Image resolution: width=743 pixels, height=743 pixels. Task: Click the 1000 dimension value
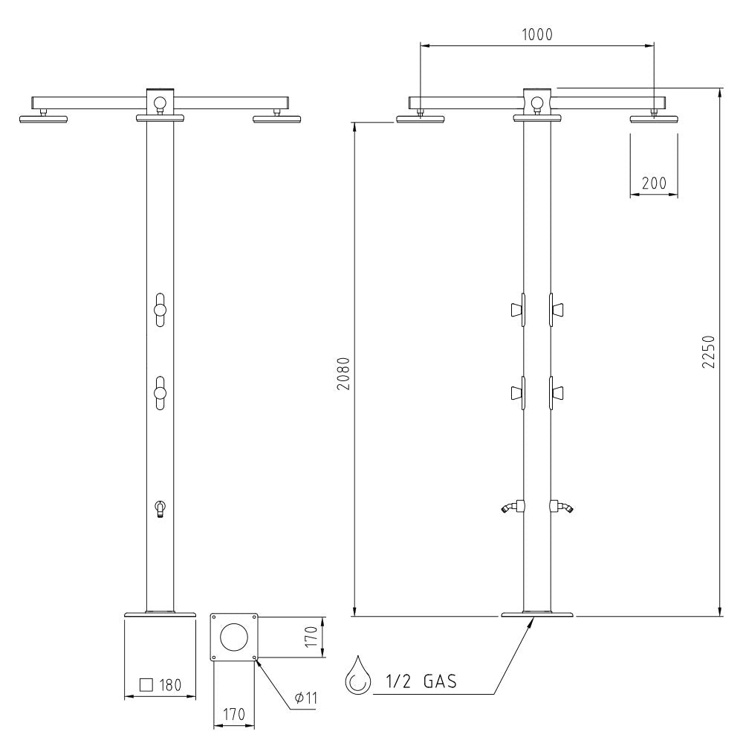tap(537, 35)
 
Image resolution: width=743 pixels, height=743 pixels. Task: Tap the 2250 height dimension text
tap(708, 351)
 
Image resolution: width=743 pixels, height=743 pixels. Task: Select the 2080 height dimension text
tap(343, 374)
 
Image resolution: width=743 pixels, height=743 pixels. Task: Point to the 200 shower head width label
tap(654, 183)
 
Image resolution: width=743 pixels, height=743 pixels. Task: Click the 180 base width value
tap(170, 685)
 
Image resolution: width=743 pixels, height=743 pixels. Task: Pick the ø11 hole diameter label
tap(305, 698)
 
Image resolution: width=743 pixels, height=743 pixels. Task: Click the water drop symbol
tap(355, 675)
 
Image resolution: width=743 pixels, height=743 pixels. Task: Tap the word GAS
tap(440, 681)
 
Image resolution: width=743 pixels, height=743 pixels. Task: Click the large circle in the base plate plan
tap(234, 637)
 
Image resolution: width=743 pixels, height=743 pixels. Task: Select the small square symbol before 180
tap(146, 685)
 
